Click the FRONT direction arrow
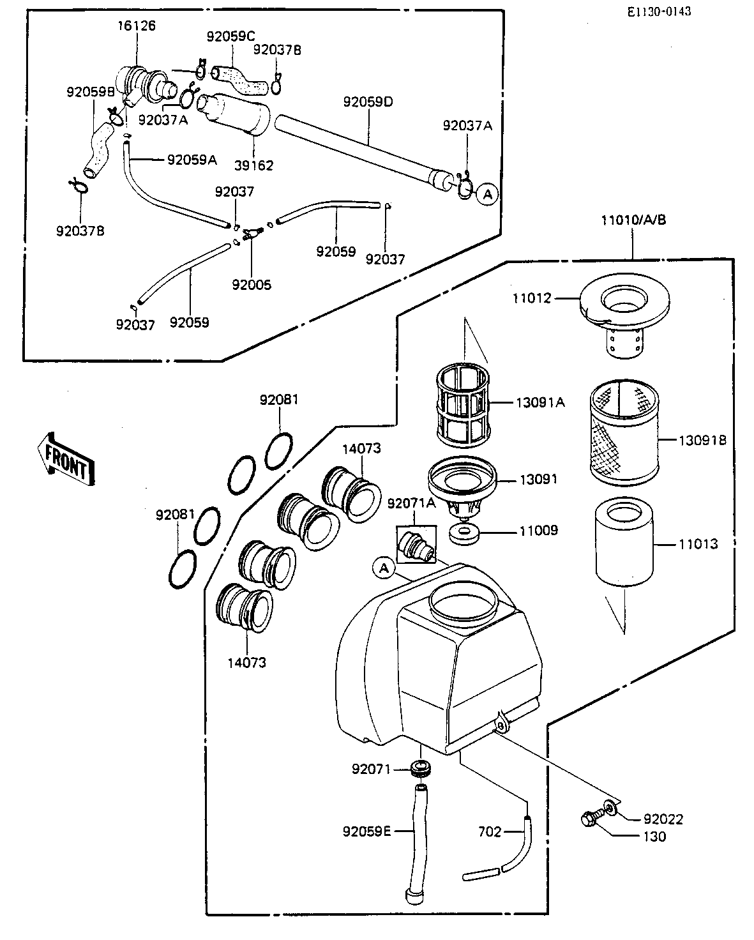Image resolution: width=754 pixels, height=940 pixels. click(66, 460)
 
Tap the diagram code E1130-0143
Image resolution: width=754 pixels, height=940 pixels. click(659, 11)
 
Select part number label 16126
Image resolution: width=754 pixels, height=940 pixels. click(136, 26)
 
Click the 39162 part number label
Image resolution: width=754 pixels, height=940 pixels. click(254, 165)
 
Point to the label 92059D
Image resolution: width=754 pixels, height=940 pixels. click(368, 102)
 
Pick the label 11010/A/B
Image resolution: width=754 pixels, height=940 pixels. click(633, 220)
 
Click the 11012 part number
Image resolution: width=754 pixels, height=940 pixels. click(532, 298)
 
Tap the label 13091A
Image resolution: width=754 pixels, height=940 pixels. click(540, 402)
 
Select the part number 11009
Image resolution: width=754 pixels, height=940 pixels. click(539, 531)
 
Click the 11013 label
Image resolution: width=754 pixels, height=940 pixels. click(698, 544)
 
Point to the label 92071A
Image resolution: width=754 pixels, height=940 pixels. click(412, 504)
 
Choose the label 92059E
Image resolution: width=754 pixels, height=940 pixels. click(366, 831)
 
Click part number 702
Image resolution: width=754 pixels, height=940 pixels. click(490, 831)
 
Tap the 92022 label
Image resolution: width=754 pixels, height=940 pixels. click(663, 819)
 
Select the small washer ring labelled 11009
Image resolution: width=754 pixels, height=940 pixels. click(464, 534)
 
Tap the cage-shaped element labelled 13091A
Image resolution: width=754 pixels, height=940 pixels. click(463, 405)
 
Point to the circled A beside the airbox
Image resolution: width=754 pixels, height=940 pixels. click(384, 568)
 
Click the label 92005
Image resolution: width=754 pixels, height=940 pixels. click(252, 285)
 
